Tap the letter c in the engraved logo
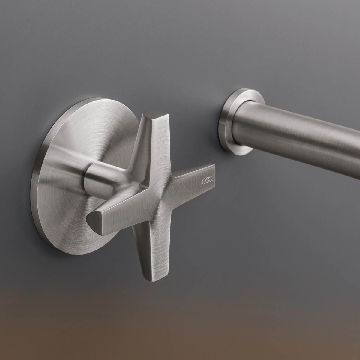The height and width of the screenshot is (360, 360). point(203,181)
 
